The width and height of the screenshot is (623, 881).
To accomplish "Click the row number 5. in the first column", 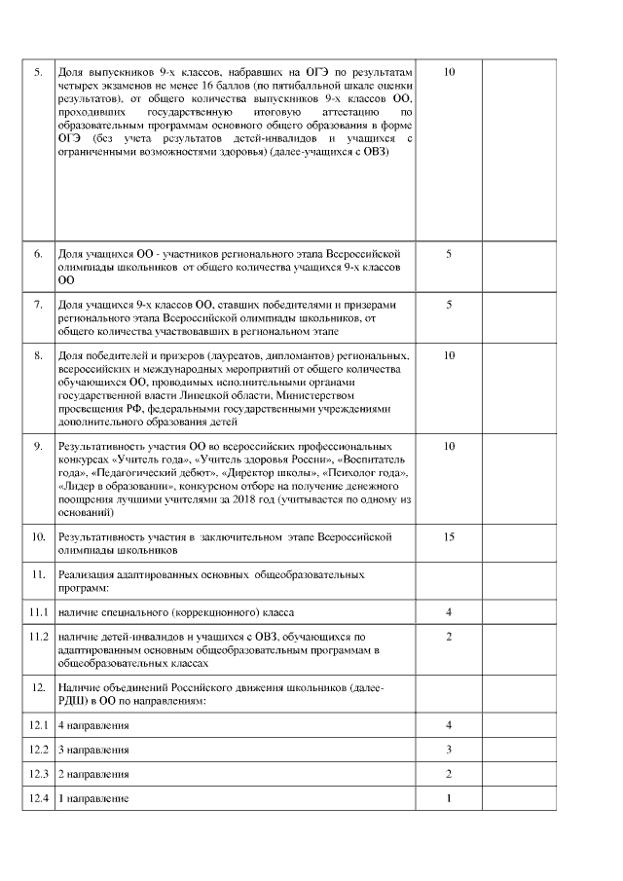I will pos(38,73).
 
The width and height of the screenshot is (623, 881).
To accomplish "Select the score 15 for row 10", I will pos(449,536).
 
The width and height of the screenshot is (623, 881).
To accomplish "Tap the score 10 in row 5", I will pos(449,73).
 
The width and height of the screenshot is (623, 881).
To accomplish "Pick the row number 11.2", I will pos(39,637).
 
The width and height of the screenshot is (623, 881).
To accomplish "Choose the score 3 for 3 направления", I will pos(449,750).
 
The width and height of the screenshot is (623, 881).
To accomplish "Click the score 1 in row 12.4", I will pos(449,799).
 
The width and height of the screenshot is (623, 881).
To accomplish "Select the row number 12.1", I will pos(39,725).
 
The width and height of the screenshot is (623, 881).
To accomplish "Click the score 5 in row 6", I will pos(449,254).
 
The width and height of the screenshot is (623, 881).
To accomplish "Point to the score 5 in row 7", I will pos(449,305).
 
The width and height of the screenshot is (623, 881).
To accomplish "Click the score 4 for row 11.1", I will pos(449,612).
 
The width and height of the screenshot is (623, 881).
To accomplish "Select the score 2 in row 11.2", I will pos(449,637).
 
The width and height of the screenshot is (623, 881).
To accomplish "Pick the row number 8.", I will pos(38,355).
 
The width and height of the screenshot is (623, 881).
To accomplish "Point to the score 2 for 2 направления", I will pos(449,774).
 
